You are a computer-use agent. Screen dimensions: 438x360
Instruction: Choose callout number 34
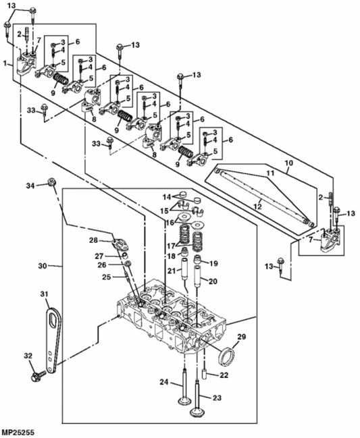(30, 185)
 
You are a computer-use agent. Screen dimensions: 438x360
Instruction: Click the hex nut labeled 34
(52, 183)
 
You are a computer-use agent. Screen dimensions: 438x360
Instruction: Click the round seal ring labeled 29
(228, 355)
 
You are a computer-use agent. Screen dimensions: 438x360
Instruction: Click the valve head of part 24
(183, 403)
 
